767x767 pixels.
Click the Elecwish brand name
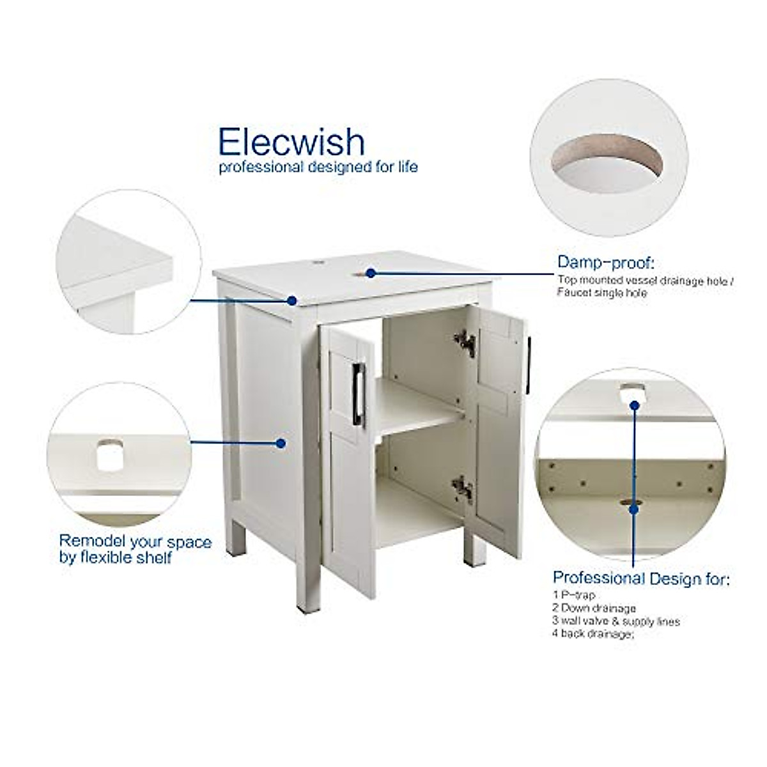291,141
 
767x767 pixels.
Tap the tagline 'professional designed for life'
318,167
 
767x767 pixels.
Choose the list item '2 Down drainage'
594,608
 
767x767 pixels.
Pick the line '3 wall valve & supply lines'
616,621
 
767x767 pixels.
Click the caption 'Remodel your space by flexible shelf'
135,550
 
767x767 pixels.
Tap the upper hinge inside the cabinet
466,342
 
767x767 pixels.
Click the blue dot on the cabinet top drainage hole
370,273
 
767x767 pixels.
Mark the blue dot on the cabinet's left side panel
280,442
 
